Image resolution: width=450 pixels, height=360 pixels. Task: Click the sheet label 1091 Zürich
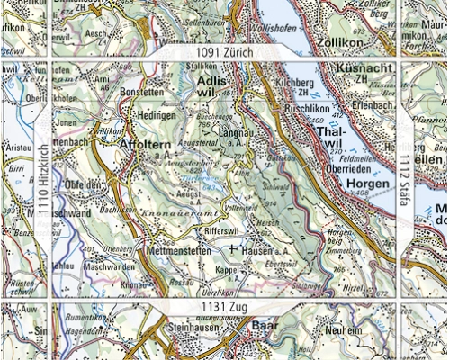click(x=223, y=53)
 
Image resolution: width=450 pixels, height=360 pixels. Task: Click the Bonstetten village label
click(x=144, y=93)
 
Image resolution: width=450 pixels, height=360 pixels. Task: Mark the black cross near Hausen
click(x=232, y=247)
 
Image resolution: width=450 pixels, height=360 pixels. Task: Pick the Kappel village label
click(x=234, y=269)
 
